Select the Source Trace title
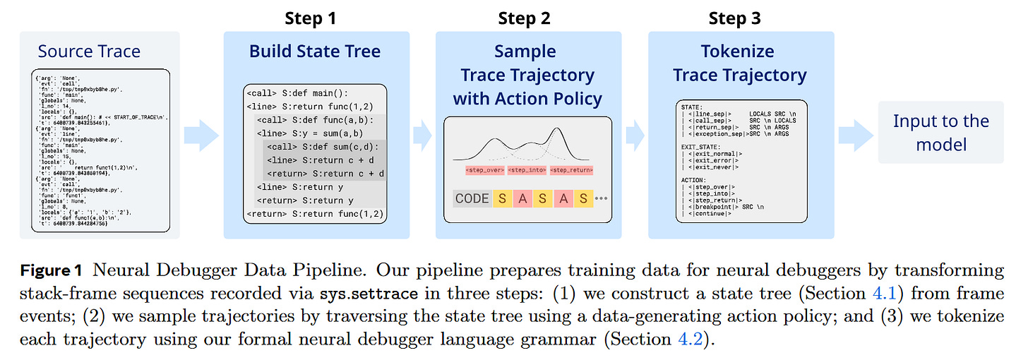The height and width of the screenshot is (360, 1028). pos(89,52)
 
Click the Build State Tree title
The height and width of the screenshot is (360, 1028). pos(315,52)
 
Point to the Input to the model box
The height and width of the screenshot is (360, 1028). pos(940,132)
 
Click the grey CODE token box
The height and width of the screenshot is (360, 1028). pos(472,198)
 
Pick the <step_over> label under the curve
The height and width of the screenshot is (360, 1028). pos(484,170)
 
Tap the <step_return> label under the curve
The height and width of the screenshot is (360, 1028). pos(572,170)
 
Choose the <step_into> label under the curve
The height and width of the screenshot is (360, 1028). pos(527,170)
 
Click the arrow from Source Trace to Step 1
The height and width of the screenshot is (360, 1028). pos(201,134)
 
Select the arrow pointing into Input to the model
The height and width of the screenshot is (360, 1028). pos(855,134)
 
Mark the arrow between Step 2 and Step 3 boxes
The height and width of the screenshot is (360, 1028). pos(635,134)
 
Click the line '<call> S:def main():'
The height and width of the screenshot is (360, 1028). pos(297,92)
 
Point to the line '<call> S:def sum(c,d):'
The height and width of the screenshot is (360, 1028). pos(322,147)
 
